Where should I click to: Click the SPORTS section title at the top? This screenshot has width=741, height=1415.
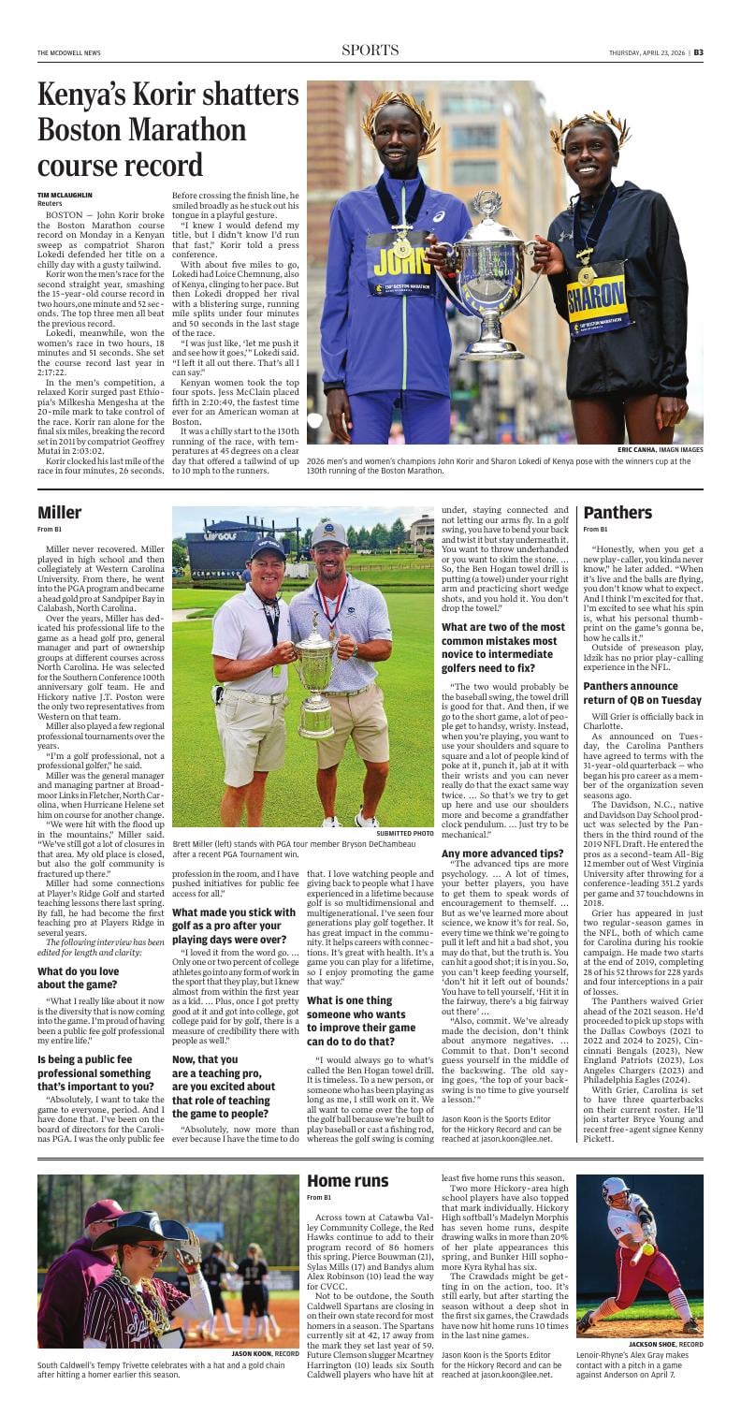370,51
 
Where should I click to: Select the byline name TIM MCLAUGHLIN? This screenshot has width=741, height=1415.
65,195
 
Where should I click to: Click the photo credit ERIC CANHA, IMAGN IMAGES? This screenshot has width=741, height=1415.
661,450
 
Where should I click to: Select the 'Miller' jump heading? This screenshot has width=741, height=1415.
60,512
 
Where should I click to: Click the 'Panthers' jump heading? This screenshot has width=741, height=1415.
617,512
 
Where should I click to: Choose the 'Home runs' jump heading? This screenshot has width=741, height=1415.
347,1181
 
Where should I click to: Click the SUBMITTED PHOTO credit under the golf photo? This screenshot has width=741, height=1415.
404,833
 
